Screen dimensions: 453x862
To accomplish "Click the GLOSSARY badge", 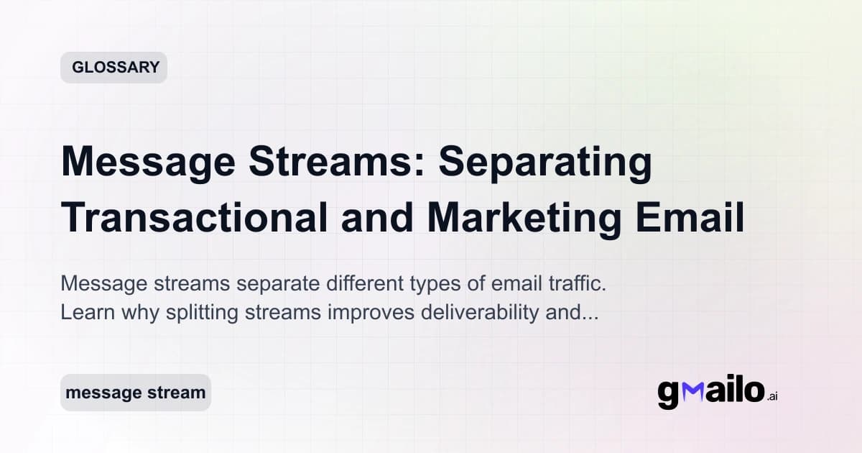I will [x=113, y=68].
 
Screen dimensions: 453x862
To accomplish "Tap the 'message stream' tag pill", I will [x=135, y=393].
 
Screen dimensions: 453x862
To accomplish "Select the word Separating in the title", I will [x=545, y=163].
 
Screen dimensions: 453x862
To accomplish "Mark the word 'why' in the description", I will [x=126, y=314].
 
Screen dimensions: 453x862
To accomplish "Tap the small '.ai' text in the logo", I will [x=771, y=397].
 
